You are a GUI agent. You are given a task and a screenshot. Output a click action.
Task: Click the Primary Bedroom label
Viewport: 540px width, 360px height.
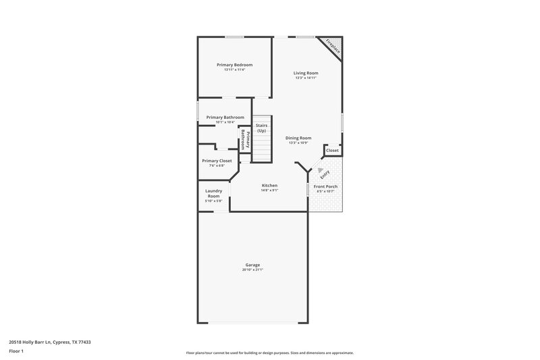tap(234, 65)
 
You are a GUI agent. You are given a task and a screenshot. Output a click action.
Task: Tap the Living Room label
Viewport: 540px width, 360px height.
tap(305, 73)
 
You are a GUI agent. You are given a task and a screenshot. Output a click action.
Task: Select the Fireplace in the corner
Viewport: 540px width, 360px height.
tap(333, 47)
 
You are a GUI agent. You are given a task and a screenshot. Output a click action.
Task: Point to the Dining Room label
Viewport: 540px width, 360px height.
tap(298, 138)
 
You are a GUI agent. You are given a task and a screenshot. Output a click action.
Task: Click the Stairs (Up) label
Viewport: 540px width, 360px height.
tap(261, 128)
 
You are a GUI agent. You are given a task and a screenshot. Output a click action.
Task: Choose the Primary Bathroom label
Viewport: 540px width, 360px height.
tap(225, 118)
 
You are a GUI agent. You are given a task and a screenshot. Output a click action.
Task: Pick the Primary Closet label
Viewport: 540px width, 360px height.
tap(217, 161)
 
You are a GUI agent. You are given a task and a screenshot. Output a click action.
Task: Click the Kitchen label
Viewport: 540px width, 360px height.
tap(269, 186)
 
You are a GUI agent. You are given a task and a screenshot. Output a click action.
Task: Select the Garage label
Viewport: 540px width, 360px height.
tap(252, 265)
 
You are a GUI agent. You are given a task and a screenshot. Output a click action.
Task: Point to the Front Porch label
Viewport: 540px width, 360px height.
tap(325, 186)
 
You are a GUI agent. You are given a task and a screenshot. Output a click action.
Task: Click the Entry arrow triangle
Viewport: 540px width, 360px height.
tap(321, 170)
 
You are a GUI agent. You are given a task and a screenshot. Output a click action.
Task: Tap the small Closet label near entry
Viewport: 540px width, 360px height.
tap(332, 151)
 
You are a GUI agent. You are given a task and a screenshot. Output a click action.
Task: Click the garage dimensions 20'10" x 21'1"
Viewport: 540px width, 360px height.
tap(252, 270)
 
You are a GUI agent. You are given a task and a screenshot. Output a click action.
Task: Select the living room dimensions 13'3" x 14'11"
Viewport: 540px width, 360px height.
tap(305, 78)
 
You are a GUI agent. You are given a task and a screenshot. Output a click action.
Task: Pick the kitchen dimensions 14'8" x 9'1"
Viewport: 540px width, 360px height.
tap(269, 190)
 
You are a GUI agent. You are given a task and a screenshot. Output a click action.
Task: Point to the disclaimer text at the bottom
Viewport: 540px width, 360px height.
tap(269, 353)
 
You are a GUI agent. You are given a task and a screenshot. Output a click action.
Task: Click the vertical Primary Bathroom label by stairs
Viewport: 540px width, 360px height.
tap(246, 140)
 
